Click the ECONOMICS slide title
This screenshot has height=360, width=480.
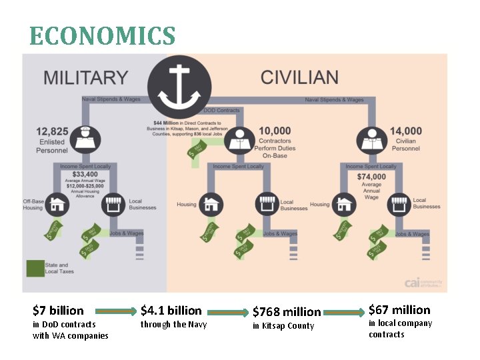click(x=103, y=35)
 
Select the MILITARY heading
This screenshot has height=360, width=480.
click(x=85, y=77)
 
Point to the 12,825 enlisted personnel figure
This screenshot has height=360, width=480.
click(x=51, y=131)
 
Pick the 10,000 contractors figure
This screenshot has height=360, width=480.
click(x=275, y=131)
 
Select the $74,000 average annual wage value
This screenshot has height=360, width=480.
click(x=371, y=176)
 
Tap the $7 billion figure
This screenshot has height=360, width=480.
click(x=58, y=311)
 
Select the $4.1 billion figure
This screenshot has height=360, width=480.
click(x=171, y=311)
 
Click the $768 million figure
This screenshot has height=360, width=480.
click(x=286, y=312)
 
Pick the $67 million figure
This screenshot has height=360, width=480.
click(x=399, y=310)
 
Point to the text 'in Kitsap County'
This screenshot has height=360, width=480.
click(x=283, y=326)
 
